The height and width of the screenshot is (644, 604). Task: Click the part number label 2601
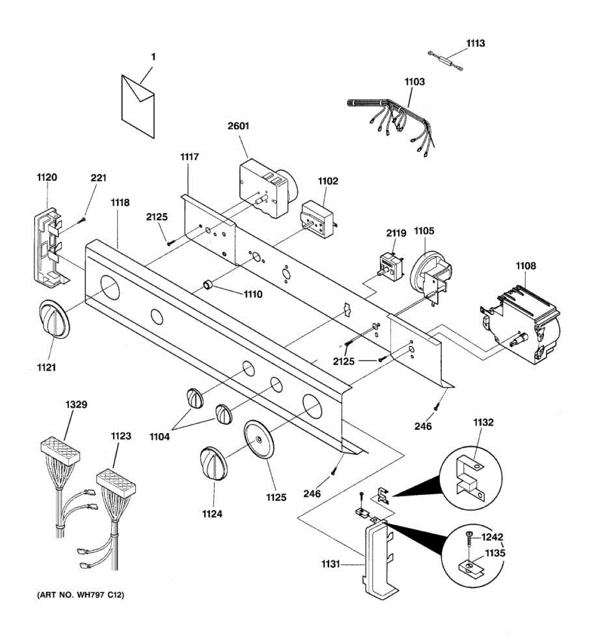239,126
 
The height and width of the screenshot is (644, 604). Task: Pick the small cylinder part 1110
208,284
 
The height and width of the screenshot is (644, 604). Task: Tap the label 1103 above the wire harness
414,82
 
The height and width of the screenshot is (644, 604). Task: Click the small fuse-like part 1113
445,60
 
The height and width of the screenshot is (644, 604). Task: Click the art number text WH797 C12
81,595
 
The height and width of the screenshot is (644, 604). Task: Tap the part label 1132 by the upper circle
483,422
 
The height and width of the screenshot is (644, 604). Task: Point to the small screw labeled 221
83,219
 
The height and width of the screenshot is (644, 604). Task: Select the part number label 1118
120,202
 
